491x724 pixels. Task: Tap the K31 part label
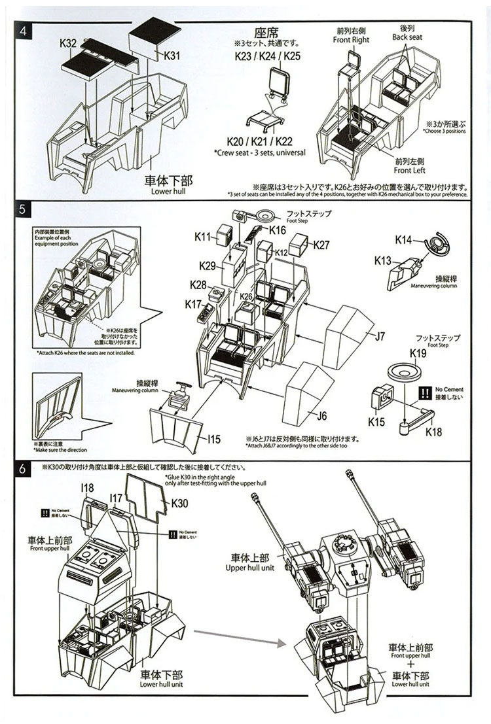pyautogui.click(x=172, y=56)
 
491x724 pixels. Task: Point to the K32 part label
pyautogui.click(x=68, y=43)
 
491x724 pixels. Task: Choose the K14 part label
pyautogui.click(x=404, y=240)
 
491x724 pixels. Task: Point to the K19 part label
pyautogui.click(x=418, y=354)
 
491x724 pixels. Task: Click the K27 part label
pyautogui.click(x=321, y=245)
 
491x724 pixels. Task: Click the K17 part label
pyautogui.click(x=193, y=304)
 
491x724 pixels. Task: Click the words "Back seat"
pyautogui.click(x=408, y=38)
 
